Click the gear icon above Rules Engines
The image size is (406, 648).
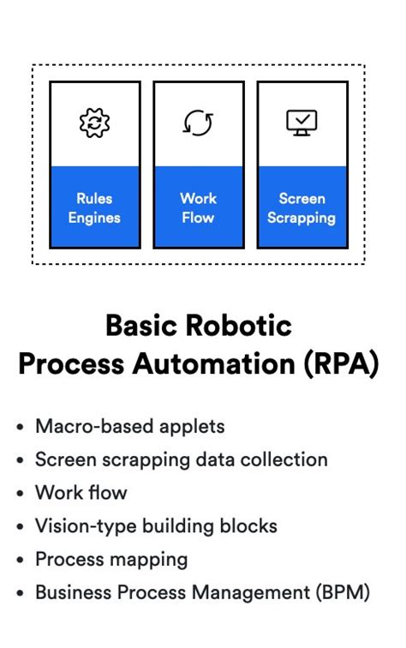[x=94, y=123]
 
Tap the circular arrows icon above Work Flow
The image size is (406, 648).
[x=198, y=123]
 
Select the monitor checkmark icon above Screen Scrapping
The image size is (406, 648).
[x=302, y=123]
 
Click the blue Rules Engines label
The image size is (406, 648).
[x=94, y=207]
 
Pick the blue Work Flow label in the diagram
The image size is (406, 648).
[x=198, y=207]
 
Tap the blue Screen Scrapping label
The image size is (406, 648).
[x=302, y=207]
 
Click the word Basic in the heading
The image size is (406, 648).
[x=139, y=326]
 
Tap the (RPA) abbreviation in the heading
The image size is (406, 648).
[x=339, y=363]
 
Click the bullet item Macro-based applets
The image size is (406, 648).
[x=129, y=426]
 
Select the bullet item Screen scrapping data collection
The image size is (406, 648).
[x=181, y=459]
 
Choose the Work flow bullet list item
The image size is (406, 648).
[x=81, y=493]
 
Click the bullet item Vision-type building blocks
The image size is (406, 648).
[x=156, y=526]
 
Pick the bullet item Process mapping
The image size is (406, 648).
[x=111, y=560]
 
